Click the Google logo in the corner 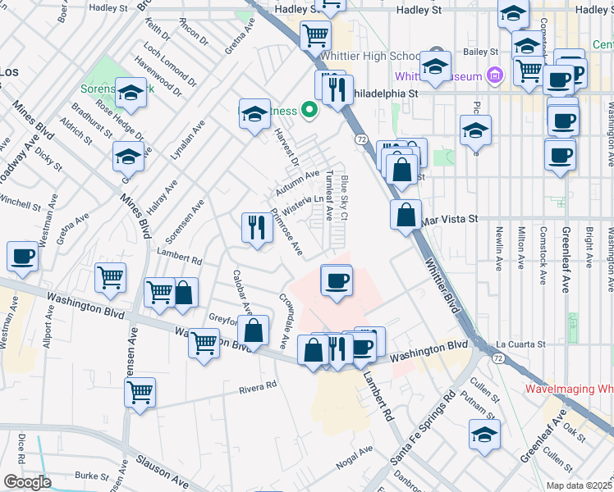pos(27,482)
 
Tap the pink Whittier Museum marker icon pos(494,76)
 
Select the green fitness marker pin pos(309,108)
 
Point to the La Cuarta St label pos(517,344)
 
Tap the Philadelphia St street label pos(387,93)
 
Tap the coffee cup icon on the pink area pos(337,282)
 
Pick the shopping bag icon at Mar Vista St pos(406,216)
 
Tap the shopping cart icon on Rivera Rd pos(140,392)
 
